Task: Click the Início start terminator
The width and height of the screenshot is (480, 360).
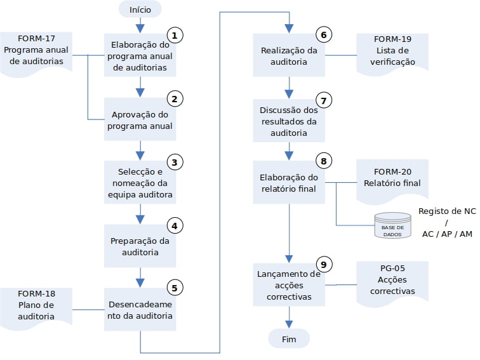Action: click(x=140, y=10)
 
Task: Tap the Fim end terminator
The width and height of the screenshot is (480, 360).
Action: click(x=289, y=339)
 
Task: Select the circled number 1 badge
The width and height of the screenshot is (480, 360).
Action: click(x=175, y=35)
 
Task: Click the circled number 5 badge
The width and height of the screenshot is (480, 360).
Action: click(x=175, y=288)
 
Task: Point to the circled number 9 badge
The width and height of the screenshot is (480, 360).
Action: click(x=324, y=264)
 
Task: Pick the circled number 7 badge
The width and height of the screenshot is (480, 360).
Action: click(x=324, y=100)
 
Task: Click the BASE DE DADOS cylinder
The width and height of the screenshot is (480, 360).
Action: click(x=393, y=225)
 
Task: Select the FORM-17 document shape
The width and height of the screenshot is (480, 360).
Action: click(x=36, y=53)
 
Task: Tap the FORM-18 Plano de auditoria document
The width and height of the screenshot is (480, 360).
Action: click(x=36, y=309)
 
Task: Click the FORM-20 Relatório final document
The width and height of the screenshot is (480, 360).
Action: click(x=392, y=181)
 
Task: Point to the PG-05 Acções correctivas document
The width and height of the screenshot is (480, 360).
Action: click(x=392, y=283)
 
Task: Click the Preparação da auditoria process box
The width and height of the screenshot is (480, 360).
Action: click(x=140, y=246)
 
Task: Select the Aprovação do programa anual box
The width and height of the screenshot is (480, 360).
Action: click(x=140, y=119)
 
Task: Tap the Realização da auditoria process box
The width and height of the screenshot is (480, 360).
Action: click(x=289, y=55)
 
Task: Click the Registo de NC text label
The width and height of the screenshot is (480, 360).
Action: click(x=447, y=211)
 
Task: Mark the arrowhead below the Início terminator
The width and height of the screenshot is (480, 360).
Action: click(x=140, y=29)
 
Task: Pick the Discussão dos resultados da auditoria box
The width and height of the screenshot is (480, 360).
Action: click(x=289, y=121)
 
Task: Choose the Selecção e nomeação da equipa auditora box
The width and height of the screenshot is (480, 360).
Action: click(x=140, y=182)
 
